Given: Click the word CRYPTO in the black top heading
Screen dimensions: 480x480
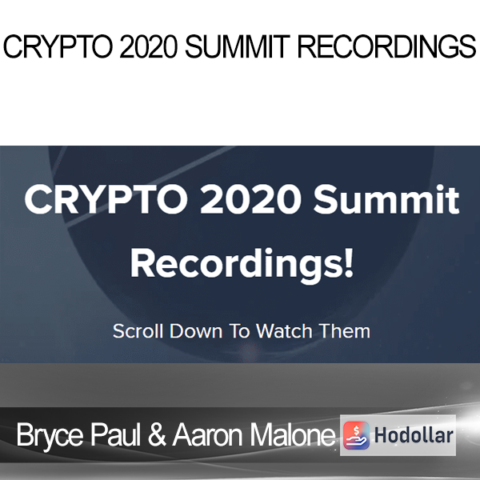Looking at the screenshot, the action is tap(58, 46).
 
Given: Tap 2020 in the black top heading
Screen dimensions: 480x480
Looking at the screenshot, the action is tap(149, 46).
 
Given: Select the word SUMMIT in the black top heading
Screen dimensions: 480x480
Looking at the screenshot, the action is tap(238, 46).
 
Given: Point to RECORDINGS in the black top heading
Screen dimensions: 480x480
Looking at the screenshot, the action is tap(387, 46).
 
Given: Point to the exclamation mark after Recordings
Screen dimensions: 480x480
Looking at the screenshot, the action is tap(349, 262).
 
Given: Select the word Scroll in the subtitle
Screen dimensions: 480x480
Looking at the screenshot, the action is tap(138, 331).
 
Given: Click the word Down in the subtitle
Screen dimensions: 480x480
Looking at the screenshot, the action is tap(196, 331).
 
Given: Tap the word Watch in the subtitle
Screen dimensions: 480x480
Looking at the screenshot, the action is tap(284, 331).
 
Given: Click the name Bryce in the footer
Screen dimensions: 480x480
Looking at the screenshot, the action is tap(50, 435).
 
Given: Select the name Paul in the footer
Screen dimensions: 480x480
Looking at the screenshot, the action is tap(115, 434).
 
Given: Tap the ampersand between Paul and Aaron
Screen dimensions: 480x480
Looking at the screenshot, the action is tap(158, 434).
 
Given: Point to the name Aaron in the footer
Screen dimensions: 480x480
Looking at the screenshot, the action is tap(208, 434).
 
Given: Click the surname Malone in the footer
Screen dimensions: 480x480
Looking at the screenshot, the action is tap(293, 434).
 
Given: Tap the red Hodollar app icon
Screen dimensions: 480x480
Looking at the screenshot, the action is tap(356, 435).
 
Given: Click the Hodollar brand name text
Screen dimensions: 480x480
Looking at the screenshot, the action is tap(414, 435).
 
